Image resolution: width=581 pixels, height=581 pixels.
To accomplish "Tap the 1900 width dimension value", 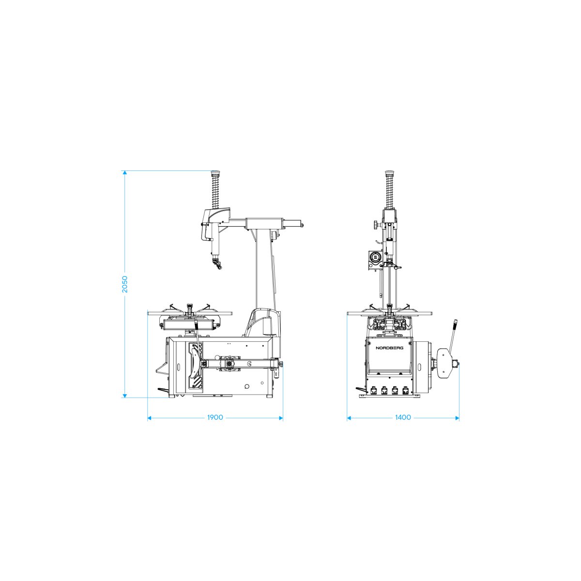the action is (215, 417).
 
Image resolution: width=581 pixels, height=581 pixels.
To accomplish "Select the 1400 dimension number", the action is (403, 417).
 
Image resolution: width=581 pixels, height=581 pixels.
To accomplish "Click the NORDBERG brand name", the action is (389, 348).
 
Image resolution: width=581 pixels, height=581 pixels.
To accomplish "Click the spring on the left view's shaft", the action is (215, 192).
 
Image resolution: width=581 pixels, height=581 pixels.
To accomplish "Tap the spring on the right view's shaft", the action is (389, 192).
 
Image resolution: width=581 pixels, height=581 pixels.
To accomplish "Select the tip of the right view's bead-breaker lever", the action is (456, 322).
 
